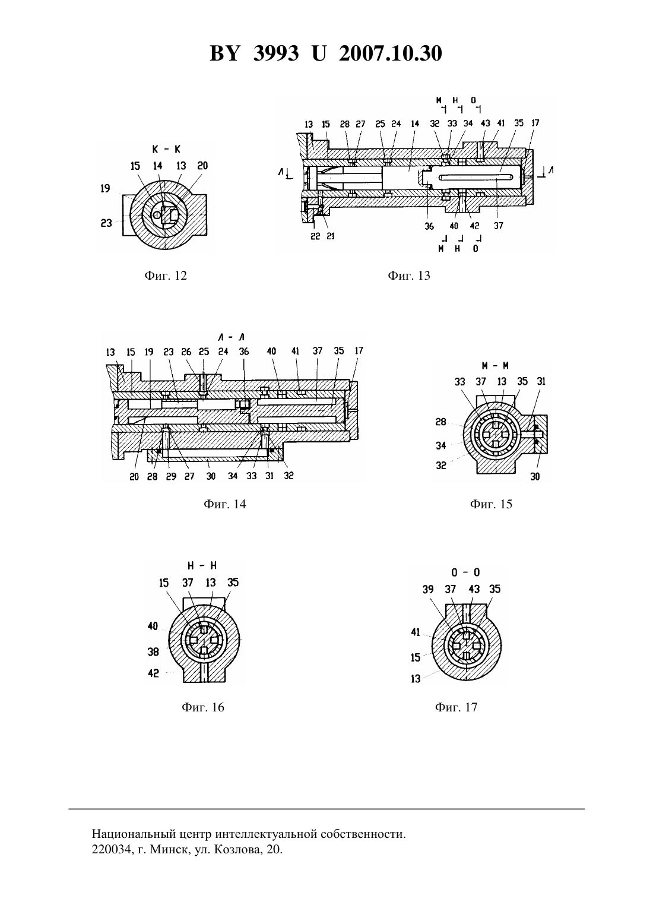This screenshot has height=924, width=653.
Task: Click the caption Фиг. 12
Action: tap(166, 276)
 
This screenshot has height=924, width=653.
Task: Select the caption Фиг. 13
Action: tap(409, 276)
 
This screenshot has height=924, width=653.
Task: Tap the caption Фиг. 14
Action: tap(224, 504)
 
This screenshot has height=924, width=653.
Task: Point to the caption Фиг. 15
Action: tap(491, 504)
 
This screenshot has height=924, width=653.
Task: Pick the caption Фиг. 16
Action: tap(203, 707)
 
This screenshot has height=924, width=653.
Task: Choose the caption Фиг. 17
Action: tap(456, 707)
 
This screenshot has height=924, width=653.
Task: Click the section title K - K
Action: tap(166, 149)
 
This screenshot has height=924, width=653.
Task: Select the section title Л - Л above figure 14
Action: tap(231, 337)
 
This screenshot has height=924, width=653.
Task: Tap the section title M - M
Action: tap(495, 365)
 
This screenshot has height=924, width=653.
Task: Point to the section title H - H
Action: tap(202, 565)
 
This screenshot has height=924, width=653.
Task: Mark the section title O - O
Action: tap(465, 572)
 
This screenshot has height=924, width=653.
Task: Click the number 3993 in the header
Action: tap(276, 53)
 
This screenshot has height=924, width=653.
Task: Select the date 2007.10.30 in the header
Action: tap(391, 53)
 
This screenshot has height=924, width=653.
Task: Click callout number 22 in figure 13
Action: tap(315, 237)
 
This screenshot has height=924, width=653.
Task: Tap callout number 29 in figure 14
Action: tap(171, 476)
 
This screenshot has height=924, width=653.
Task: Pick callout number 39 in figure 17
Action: tap(428, 589)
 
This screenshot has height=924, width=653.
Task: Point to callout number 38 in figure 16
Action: tap(153, 651)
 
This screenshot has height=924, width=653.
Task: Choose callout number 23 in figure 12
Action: tap(106, 223)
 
